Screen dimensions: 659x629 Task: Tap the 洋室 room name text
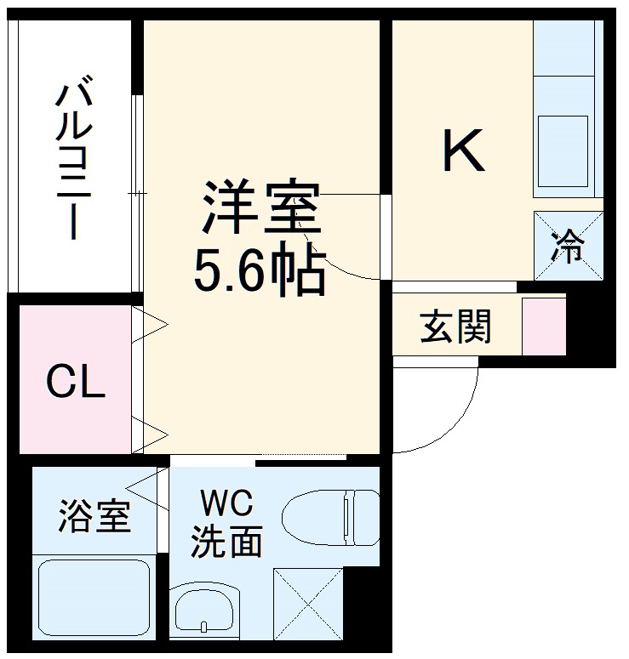coord(260,206)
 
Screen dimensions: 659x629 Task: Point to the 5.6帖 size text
coord(260,271)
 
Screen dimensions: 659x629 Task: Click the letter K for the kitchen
coord(463,151)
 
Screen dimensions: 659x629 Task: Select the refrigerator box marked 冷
coord(568,246)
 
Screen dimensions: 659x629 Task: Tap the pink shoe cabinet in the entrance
coord(543,326)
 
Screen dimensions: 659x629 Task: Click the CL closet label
coord(76,383)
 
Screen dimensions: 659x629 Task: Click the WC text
coord(226,504)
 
